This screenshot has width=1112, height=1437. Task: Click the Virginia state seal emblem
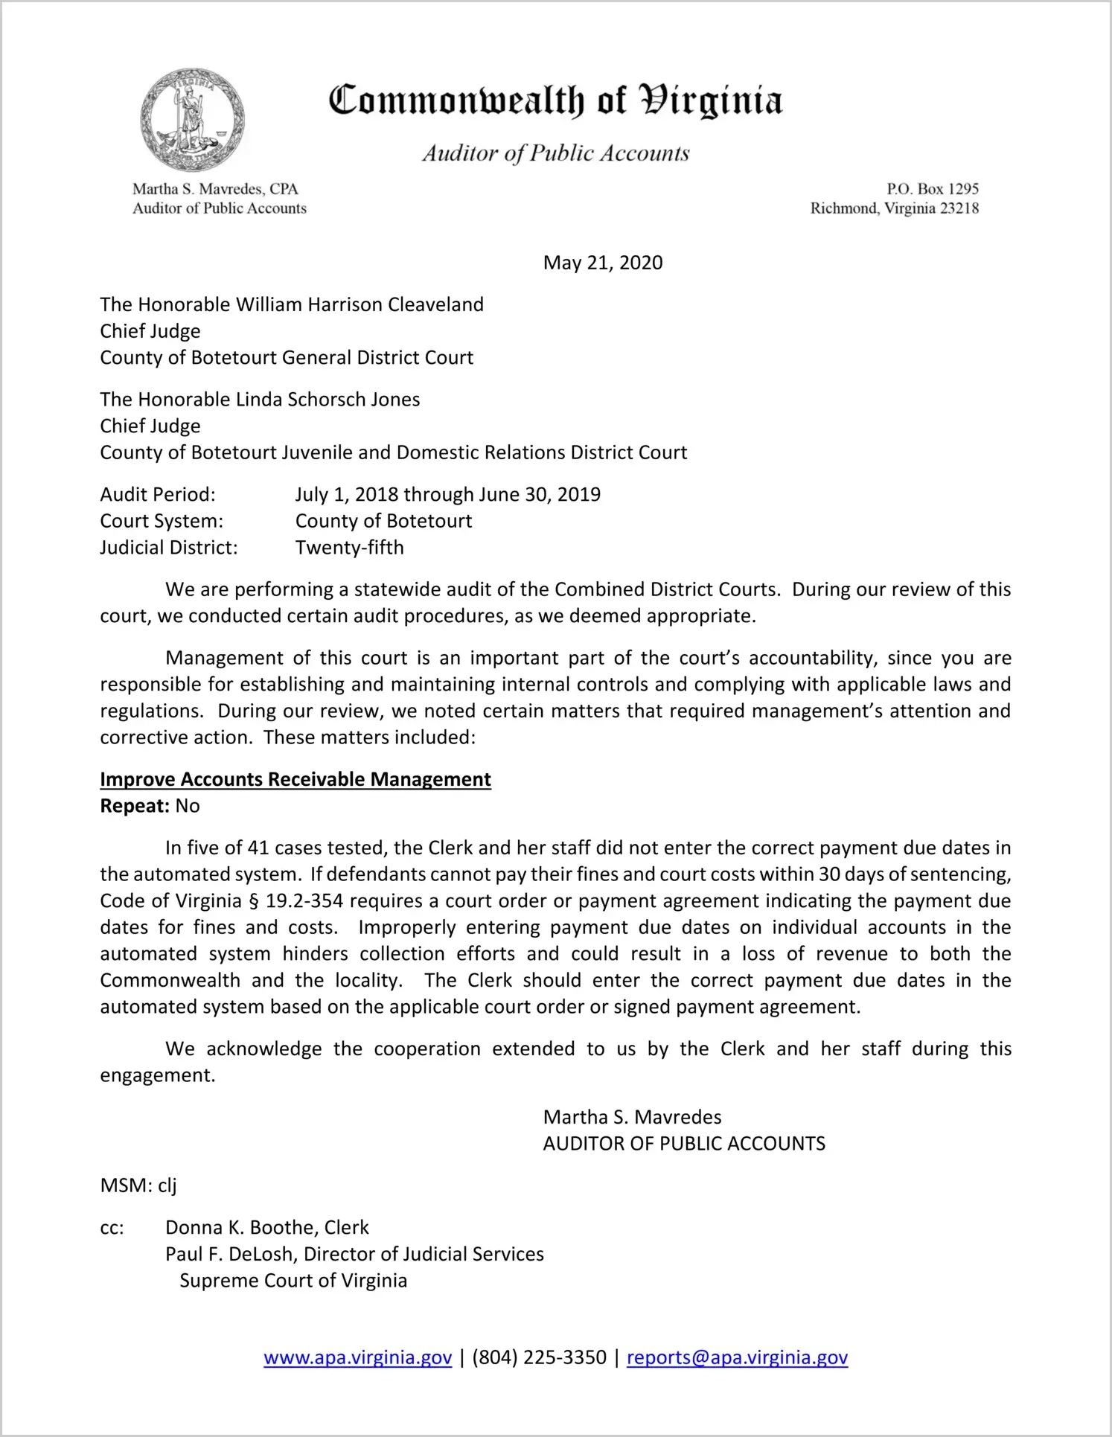pos(192,120)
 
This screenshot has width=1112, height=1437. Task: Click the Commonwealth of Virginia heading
pos(555,100)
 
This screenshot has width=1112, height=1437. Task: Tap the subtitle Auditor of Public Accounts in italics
pos(556,153)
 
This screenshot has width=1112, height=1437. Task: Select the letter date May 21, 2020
pos(603,263)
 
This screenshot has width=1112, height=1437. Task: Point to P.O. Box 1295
pos(932,189)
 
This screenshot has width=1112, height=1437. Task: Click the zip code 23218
pos(959,208)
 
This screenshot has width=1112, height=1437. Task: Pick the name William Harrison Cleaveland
pos(360,304)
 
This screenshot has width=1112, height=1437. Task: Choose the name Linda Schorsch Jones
pos(327,400)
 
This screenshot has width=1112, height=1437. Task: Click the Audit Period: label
pos(158,495)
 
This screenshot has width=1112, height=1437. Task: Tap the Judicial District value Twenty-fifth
pos(350,548)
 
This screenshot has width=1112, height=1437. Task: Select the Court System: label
pos(162,521)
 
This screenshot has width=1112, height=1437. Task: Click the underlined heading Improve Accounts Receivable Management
pos(295,779)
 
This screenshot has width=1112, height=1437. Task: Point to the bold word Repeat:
pos(135,806)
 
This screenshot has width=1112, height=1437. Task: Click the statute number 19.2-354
pos(304,901)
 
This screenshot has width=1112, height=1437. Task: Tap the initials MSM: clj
pos(138,1185)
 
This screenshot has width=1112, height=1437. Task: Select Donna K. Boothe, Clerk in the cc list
pos(267,1227)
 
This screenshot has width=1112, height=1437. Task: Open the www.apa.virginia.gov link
pos(357,1357)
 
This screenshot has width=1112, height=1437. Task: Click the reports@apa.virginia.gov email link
pos(737,1357)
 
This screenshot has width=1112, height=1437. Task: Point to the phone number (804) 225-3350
pos(539,1357)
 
